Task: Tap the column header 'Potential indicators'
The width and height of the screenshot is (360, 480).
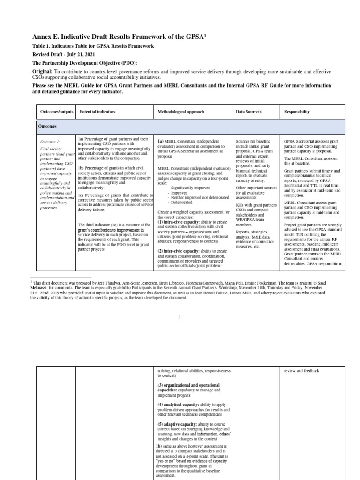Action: (x=97, y=112)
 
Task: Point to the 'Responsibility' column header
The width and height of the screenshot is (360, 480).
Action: (x=297, y=112)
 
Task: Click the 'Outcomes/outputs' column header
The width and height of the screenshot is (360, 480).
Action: (x=56, y=112)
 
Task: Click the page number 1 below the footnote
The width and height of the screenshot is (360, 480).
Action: (x=180, y=317)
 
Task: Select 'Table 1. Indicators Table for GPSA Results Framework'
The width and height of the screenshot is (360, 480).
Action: (x=93, y=46)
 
